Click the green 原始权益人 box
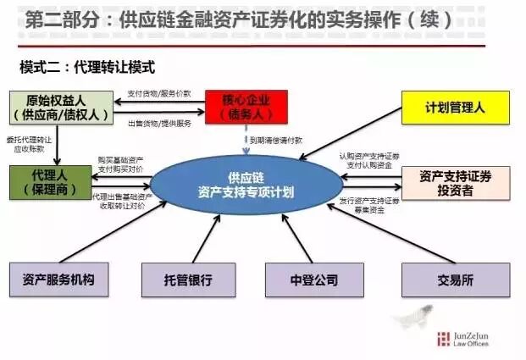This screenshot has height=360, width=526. tap(57, 108)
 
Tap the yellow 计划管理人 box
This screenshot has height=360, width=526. tap(456, 108)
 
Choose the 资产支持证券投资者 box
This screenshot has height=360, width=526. tap(456, 183)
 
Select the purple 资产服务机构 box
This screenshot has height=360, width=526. tap(57, 280)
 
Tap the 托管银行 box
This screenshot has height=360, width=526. tap(188, 280)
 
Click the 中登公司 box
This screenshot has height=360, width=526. tap(308, 280)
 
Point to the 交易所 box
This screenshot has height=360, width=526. tap(456, 280)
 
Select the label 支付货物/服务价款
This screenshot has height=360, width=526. tap(159, 93)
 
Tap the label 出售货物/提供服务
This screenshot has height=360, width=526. tap(159, 122)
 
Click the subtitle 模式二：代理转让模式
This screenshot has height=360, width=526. tap(87, 65)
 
